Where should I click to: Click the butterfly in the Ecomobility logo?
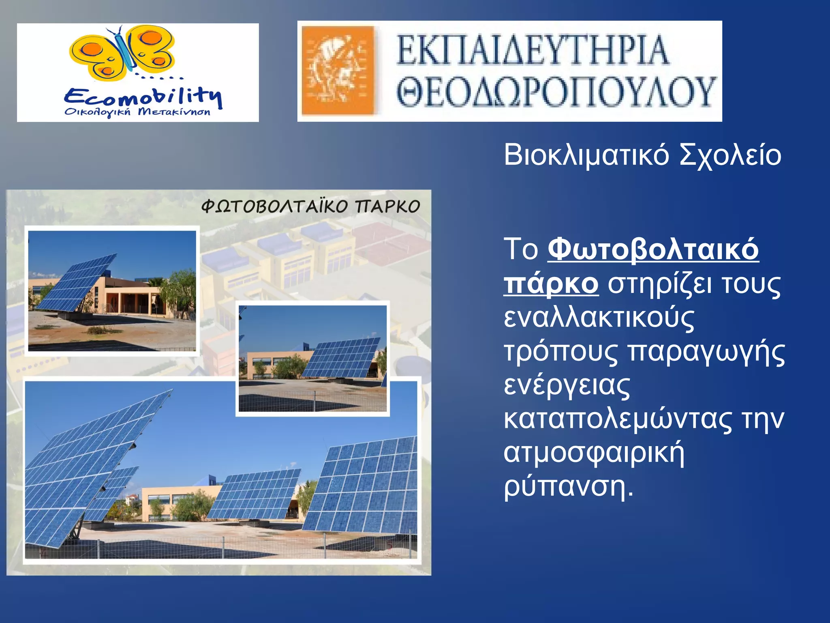122,53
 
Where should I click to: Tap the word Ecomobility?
143,97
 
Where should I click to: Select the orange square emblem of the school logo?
338,71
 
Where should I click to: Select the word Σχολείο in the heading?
730,155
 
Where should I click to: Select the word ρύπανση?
567,486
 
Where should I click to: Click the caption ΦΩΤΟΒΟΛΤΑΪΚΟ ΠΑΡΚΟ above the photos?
310,206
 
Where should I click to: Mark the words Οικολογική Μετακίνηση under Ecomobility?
138,112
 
